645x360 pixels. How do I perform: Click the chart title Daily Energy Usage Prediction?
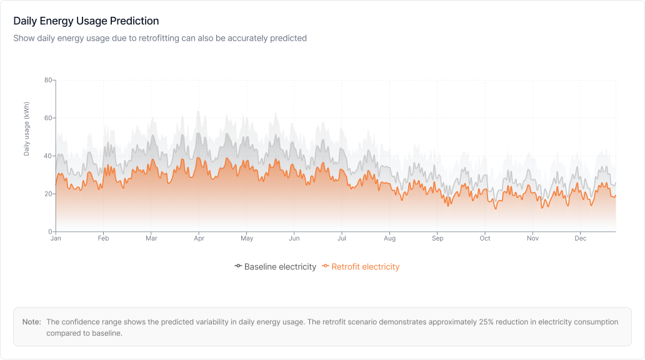[86, 21]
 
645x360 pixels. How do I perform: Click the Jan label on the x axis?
[56, 239]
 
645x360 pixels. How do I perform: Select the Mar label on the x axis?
[151, 239]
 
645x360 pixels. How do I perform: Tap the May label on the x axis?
[247, 239]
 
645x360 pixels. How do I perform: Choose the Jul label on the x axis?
[342, 239]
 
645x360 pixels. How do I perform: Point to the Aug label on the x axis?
[390, 239]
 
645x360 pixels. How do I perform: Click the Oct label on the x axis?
[485, 239]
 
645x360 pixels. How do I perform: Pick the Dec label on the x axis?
[581, 239]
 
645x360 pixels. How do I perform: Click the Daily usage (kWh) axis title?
[27, 129]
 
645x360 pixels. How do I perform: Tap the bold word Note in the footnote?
[31, 322]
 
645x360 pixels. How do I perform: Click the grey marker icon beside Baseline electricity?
[238, 266]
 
